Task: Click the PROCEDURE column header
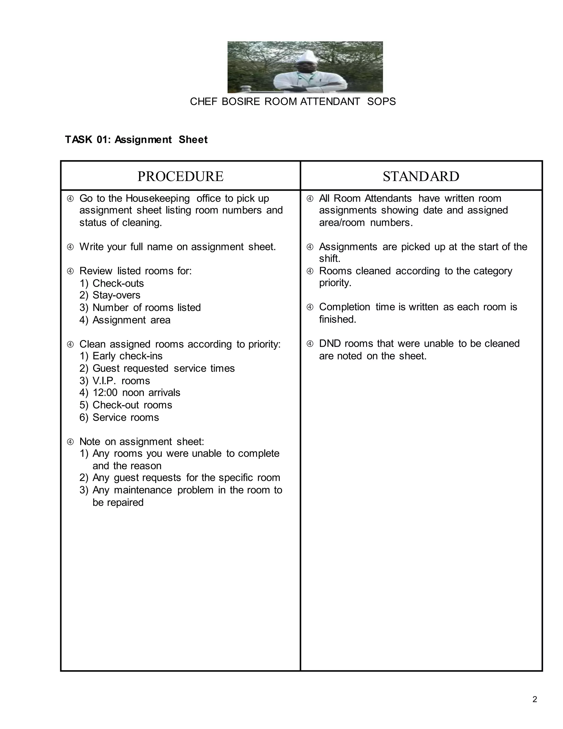[x=180, y=176]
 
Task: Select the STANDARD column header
[x=421, y=176]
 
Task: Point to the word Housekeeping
[x=158, y=198]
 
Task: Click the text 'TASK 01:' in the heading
[x=87, y=139]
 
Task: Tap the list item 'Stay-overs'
[x=116, y=295]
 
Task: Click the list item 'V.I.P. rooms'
[x=121, y=380]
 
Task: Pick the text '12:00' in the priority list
[x=105, y=393]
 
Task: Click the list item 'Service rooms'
[x=125, y=417]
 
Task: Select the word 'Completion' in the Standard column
[x=344, y=307]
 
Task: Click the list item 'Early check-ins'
[x=127, y=356]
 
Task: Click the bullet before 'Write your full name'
[x=70, y=247]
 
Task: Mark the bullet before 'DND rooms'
[x=310, y=344]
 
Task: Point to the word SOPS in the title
[x=381, y=102]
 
